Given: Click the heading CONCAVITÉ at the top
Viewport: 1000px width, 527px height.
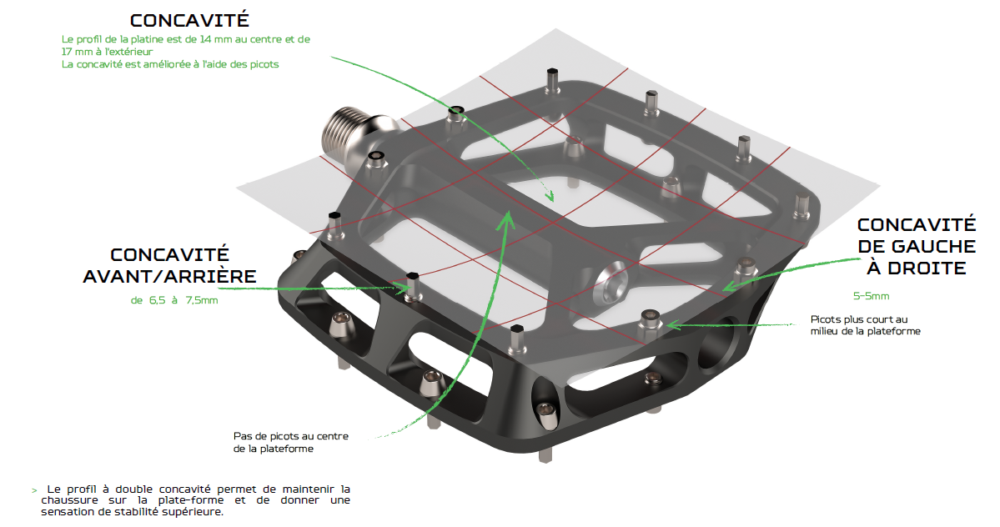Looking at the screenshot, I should coord(188,20).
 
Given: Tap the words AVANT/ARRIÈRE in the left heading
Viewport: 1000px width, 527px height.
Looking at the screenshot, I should coord(169,276).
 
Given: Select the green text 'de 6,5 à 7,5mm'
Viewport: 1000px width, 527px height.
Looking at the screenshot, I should coord(174,300).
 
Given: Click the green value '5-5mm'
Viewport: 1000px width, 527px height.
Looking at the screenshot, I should coord(871,296).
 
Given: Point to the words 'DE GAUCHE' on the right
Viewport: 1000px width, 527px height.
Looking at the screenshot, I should coord(916,247).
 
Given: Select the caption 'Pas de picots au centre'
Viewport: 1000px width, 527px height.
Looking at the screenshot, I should coord(291,437).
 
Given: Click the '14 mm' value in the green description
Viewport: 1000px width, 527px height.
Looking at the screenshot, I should coord(219,39).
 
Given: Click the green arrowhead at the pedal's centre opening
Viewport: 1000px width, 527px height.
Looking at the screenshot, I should coord(549,197).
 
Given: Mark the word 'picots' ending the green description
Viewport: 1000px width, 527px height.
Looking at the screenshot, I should coord(263,64).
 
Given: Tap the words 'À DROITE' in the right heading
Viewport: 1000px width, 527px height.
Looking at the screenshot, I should coord(916,268).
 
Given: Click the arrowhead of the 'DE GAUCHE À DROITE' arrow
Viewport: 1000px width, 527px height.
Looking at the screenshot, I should coord(727,286).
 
